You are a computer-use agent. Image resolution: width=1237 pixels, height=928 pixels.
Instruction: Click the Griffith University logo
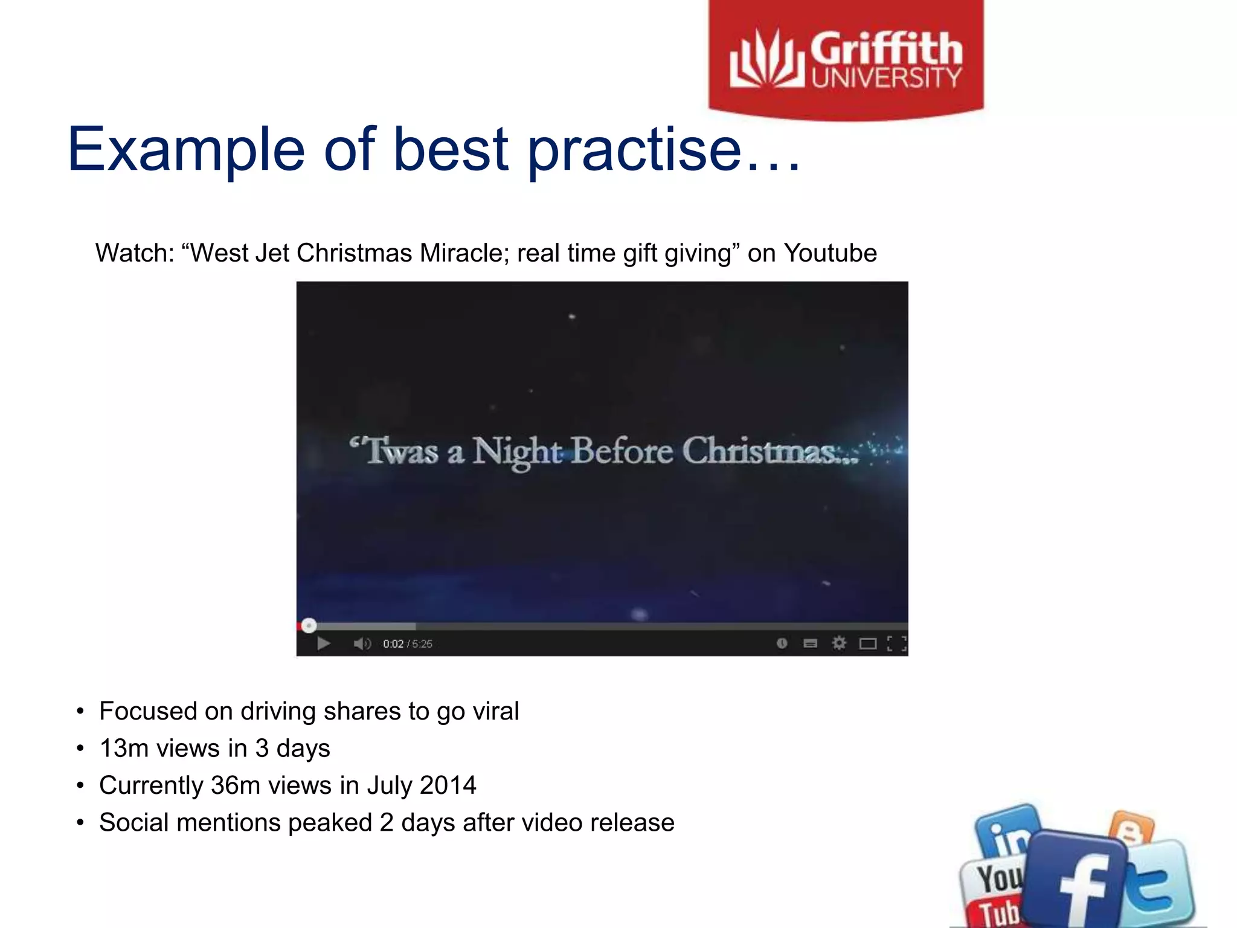pos(846,59)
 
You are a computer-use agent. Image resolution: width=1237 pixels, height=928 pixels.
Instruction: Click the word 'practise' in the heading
pos(634,150)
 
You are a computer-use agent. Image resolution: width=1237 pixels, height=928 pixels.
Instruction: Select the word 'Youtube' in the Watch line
pos(830,253)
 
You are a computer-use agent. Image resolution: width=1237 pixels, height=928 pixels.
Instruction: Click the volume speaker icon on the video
pos(362,643)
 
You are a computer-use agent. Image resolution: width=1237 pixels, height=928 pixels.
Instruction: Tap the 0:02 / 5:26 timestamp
pos(408,644)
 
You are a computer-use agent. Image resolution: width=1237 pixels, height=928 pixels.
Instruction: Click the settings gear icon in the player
pos(839,643)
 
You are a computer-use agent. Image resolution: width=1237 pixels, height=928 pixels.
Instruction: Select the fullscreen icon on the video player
pos(896,643)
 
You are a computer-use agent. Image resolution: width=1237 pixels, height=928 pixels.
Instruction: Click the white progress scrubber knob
pos(309,626)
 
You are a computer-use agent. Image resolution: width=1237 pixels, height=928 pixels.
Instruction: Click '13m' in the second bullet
pos(124,749)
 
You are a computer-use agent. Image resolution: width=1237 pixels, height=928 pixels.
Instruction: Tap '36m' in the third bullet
pos(236,785)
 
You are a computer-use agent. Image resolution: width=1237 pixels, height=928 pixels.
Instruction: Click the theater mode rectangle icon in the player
pos(867,643)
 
